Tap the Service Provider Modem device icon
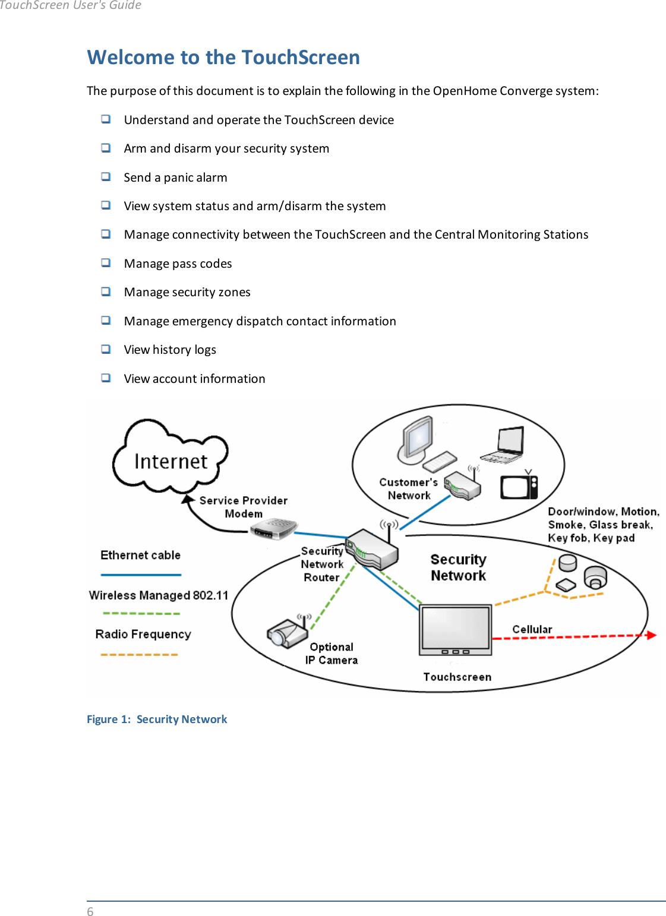tap(273, 528)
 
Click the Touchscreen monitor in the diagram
tap(456, 629)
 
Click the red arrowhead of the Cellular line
tap(651, 635)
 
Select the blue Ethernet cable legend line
tap(141, 575)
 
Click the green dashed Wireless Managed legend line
tap(141, 613)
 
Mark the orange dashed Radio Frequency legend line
tap(139, 654)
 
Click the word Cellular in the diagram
tap(532, 629)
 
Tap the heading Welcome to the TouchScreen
tap(223, 58)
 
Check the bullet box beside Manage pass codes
tap(106, 262)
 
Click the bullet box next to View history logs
tap(106, 348)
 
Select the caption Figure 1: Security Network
tap(157, 719)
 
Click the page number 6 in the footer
tap(90, 911)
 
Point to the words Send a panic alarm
tap(175, 178)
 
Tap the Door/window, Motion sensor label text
tap(603, 512)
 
